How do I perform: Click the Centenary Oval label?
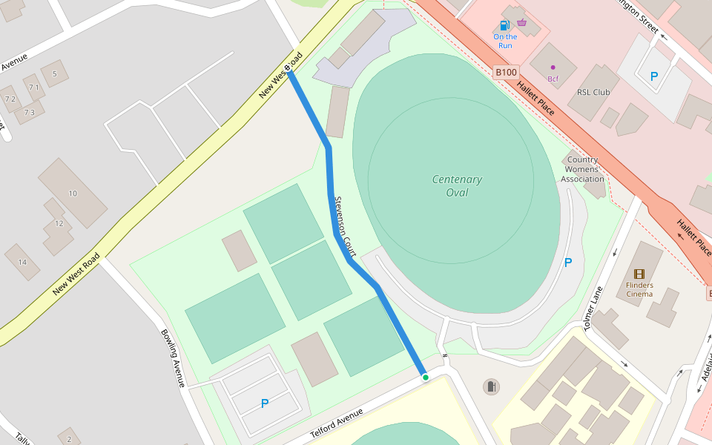coord(457,186)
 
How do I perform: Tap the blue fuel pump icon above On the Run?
coord(505,25)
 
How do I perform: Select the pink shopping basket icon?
coord(522,22)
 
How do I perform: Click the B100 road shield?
coord(506,72)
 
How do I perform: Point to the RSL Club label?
coord(593,93)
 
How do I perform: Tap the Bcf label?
coord(553,79)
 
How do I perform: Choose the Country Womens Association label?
coord(582,169)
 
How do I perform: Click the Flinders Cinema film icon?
coord(639,274)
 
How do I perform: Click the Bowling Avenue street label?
coord(172,357)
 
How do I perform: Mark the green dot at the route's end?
coord(426,378)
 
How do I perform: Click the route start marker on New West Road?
coord(289,72)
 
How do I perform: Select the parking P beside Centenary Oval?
coord(568,263)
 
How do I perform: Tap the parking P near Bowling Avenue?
coord(265,403)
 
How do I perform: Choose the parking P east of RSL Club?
coord(654,76)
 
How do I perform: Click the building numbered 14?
coord(22,262)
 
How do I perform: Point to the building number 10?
coord(73,194)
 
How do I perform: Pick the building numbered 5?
coord(54,73)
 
